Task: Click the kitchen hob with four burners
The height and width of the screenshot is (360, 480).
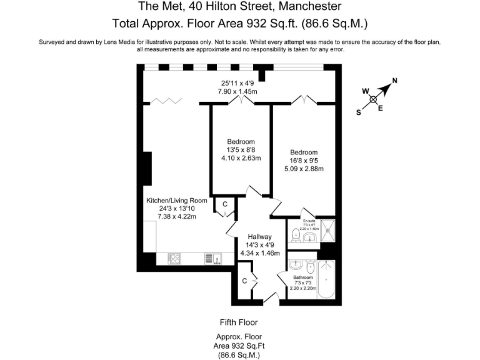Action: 174,258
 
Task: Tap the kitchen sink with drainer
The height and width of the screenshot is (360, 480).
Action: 211,258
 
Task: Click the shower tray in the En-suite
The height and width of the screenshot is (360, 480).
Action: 329,229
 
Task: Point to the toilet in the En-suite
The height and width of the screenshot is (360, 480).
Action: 296,235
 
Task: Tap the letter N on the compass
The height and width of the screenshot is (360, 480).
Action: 394,81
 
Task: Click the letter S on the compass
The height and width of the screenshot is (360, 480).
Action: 359,112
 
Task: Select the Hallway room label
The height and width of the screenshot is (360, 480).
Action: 259,237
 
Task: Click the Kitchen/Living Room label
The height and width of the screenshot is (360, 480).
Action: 177,201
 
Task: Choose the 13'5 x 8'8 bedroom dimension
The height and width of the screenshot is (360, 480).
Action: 241,150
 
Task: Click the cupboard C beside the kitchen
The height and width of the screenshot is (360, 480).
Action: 224,204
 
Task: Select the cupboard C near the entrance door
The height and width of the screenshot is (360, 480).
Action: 245,281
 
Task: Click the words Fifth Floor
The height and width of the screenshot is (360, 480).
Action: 239,322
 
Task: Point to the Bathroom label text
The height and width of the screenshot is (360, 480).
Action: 302,276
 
